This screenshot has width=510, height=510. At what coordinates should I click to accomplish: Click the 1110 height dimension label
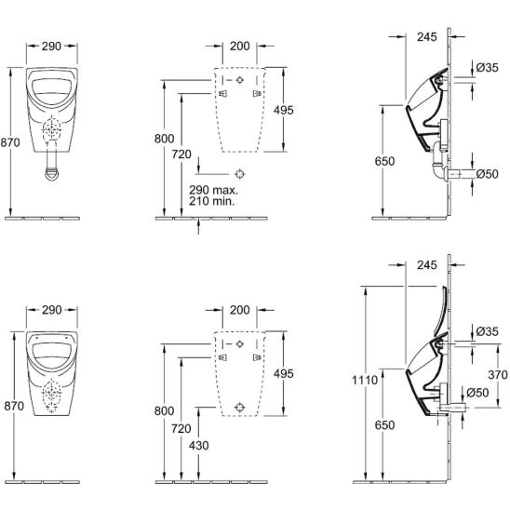[x=365, y=380]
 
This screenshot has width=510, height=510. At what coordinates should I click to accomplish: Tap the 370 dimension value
[x=498, y=375]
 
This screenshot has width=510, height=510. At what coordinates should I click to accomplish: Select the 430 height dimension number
[x=199, y=445]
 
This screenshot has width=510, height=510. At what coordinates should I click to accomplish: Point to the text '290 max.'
[x=213, y=190]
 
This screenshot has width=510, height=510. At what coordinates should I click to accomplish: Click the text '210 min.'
[x=212, y=201]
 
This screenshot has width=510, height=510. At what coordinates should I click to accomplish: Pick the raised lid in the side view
[x=442, y=311]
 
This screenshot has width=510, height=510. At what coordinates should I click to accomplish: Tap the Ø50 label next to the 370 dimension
[x=477, y=393]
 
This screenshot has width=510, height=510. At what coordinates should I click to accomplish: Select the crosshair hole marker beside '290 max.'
[x=240, y=174]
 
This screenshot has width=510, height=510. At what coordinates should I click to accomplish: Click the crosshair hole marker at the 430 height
[x=240, y=407]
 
